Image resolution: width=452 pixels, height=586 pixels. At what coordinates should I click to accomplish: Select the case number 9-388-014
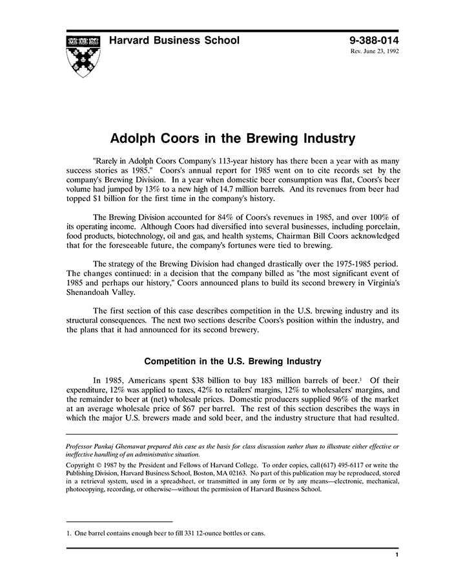(x=374, y=41)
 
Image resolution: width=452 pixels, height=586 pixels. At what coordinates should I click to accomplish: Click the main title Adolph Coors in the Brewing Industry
(x=232, y=138)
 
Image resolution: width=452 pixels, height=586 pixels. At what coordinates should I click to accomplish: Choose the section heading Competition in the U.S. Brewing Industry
(x=232, y=361)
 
